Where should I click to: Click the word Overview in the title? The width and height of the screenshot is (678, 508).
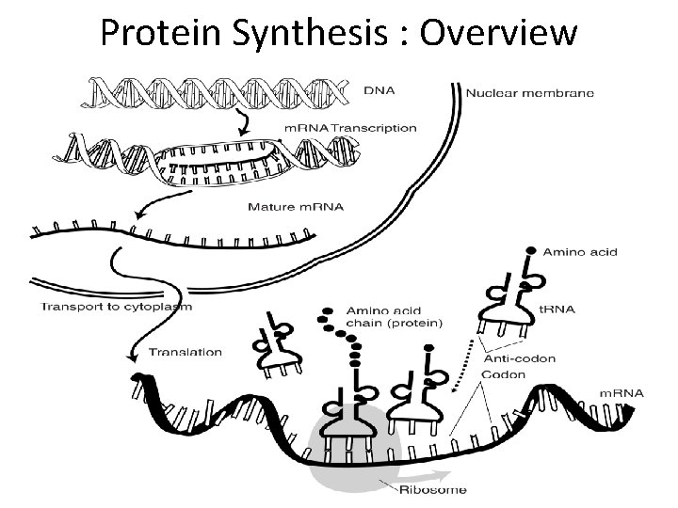point(499,33)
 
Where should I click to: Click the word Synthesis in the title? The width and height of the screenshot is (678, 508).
point(306,33)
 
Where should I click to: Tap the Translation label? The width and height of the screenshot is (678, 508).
point(186,353)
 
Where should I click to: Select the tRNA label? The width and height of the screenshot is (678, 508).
point(567,307)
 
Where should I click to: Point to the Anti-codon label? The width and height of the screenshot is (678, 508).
point(519,357)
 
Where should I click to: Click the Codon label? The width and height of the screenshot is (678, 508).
point(505,373)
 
